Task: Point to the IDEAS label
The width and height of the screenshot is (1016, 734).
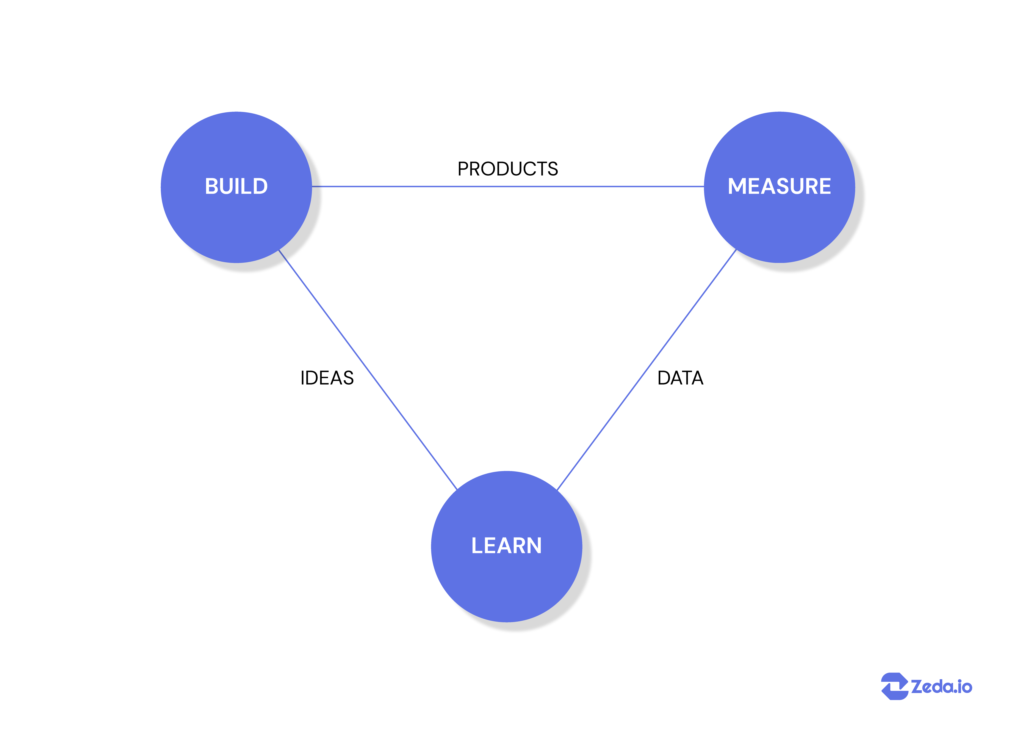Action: click(327, 378)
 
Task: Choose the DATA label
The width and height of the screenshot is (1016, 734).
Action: click(680, 378)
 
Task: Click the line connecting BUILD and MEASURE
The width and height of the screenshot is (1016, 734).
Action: click(507, 186)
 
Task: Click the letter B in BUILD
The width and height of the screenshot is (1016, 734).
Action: click(211, 186)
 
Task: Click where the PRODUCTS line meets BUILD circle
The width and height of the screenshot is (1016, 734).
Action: click(312, 186)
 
